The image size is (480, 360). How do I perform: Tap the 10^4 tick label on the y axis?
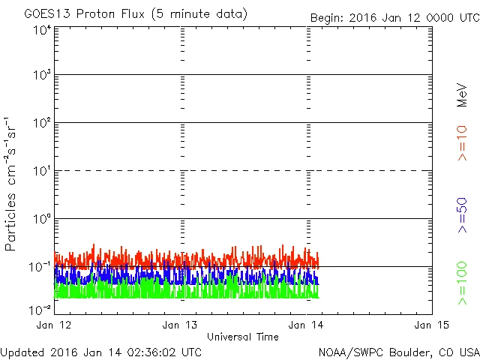(x=41, y=29)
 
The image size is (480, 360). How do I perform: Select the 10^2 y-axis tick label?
(x=41, y=122)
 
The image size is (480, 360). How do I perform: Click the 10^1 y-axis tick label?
(x=41, y=170)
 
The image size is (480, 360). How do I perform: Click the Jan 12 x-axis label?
(x=55, y=325)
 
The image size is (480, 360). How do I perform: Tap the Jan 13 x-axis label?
(x=181, y=325)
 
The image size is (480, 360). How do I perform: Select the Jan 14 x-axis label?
(x=307, y=325)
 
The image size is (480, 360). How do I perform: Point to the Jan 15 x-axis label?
(x=431, y=325)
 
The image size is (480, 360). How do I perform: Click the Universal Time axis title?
(x=242, y=337)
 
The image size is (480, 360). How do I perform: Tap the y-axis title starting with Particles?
(x=13, y=184)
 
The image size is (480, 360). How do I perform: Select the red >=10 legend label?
(x=462, y=142)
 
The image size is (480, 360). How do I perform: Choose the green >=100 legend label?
(x=462, y=283)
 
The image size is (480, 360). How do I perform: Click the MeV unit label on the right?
(x=462, y=94)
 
